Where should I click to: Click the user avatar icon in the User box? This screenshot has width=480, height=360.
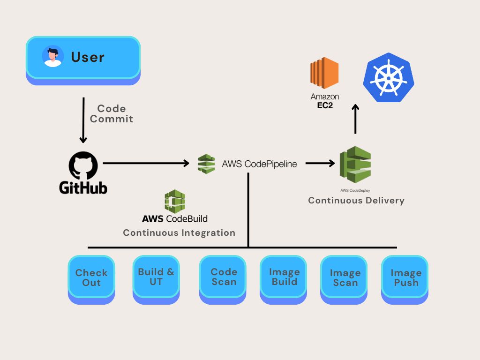click(x=52, y=57)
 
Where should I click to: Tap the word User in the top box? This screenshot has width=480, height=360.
click(x=88, y=57)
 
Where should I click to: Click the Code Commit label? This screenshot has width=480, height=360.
click(x=112, y=114)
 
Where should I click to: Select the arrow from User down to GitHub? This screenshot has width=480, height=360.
click(x=83, y=120)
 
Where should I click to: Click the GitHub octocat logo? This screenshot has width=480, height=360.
click(x=83, y=165)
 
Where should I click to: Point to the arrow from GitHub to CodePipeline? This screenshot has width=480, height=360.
click(x=145, y=163)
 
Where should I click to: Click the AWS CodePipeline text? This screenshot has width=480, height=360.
click(x=259, y=164)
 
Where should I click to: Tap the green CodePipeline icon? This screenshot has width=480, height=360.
click(x=206, y=164)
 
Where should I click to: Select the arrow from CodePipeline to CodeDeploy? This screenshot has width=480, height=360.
click(x=320, y=163)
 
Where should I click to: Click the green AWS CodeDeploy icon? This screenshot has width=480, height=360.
click(x=355, y=165)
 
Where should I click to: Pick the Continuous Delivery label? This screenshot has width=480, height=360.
click(x=356, y=201)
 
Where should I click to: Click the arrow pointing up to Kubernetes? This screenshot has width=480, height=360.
click(x=355, y=119)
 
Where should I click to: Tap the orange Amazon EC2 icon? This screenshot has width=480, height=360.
click(x=324, y=74)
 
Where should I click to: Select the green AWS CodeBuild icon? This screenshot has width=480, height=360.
click(x=175, y=202)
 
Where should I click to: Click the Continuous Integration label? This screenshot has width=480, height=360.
click(x=179, y=233)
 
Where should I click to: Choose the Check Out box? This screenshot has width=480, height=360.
click(x=91, y=277)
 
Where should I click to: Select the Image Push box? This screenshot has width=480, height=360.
click(x=405, y=277)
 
